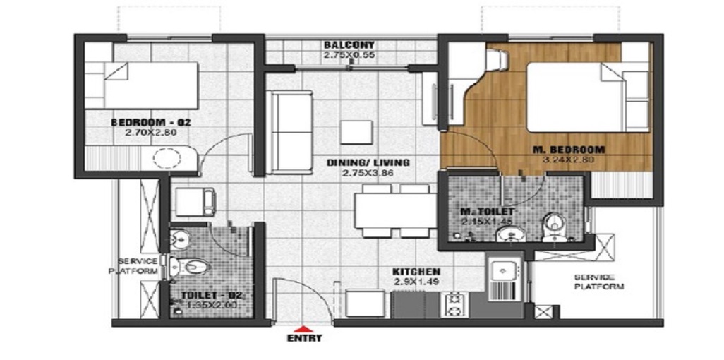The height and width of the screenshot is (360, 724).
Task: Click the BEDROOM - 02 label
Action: click(151, 121)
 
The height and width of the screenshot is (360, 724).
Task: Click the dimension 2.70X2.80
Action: click(151, 131)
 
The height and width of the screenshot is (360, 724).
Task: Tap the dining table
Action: click(393, 210)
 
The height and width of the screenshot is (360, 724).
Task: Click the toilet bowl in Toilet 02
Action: click(191, 266)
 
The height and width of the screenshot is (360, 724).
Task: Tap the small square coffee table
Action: click(355, 132)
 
